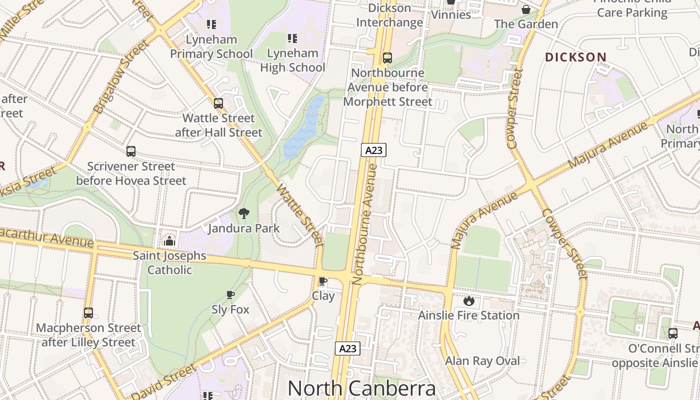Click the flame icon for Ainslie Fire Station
point(468,300)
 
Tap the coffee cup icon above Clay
point(323,281)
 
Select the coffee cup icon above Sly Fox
point(230,295)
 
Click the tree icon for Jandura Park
point(244,214)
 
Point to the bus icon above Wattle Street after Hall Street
point(218,103)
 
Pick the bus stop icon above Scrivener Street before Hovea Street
point(131,151)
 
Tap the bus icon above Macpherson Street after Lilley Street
point(88,313)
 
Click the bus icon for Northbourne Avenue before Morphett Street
point(387,58)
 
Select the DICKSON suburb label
point(575,57)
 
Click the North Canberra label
point(361,388)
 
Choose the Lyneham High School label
point(292,60)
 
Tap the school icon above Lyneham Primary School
point(211,24)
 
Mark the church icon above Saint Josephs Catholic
point(169,241)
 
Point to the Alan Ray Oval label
point(482,360)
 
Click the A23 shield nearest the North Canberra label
point(347,348)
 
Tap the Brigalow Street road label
point(121,76)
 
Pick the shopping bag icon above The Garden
point(526,9)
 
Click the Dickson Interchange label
point(389,15)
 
